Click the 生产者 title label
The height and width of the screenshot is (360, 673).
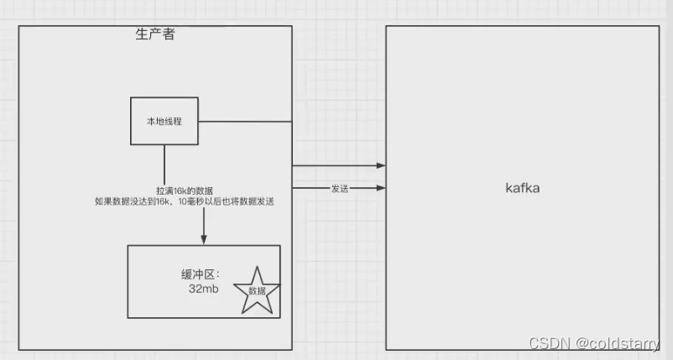click(x=155, y=34)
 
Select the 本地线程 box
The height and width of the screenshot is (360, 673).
click(x=164, y=121)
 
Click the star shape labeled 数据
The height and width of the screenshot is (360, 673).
click(x=256, y=290)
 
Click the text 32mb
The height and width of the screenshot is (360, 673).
click(x=203, y=288)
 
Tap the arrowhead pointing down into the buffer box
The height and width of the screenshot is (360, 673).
click(x=203, y=240)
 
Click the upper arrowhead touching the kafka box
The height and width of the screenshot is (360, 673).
click(x=381, y=166)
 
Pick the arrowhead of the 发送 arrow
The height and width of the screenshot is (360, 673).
click(x=381, y=189)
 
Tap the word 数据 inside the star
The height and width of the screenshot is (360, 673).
click(x=257, y=290)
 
